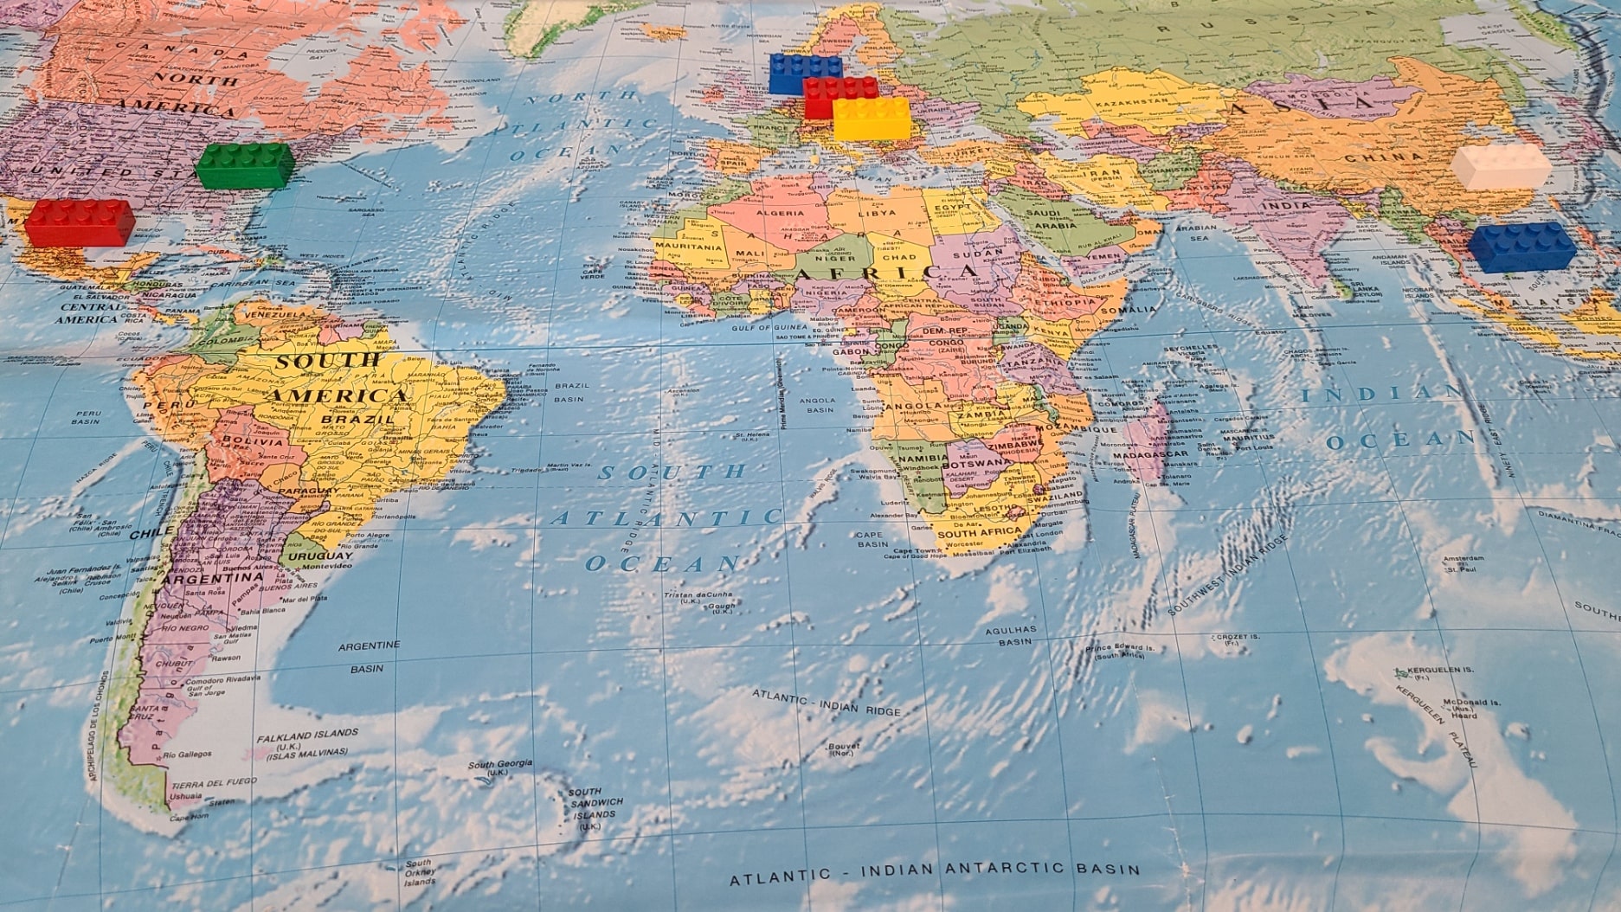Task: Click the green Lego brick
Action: click(x=245, y=165)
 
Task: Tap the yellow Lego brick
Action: click(x=872, y=119)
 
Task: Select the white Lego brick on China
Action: click(x=1501, y=167)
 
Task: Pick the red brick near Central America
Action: click(x=79, y=222)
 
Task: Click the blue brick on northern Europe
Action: click(x=805, y=73)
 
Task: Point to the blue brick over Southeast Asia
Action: click(x=1521, y=247)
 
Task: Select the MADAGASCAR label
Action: click(x=1150, y=454)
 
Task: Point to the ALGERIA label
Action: click(x=780, y=213)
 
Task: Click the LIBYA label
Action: click(x=877, y=213)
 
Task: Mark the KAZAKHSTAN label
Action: click(x=1132, y=102)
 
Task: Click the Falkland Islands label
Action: click(x=307, y=734)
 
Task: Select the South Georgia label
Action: click(x=499, y=764)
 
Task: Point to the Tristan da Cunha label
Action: click(x=698, y=595)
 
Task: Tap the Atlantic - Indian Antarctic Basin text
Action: click(x=935, y=872)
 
